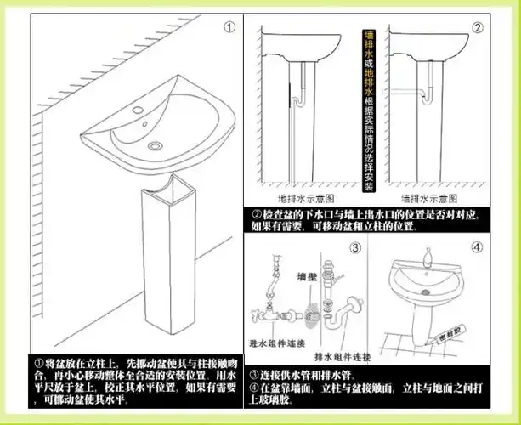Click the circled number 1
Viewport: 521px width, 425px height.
tap(229, 26)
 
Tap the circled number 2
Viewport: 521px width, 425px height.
tap(479, 27)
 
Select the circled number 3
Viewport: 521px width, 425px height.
tap(355, 249)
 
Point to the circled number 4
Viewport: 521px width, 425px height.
tap(478, 249)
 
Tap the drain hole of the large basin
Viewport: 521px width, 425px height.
tap(155, 146)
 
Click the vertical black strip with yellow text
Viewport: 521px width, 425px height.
tap(369, 102)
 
